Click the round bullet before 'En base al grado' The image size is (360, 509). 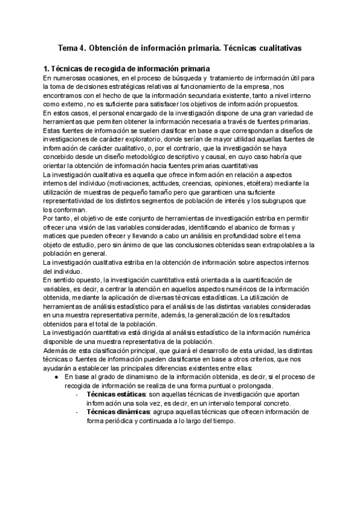56,377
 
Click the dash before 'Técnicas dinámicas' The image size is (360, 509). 77,412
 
